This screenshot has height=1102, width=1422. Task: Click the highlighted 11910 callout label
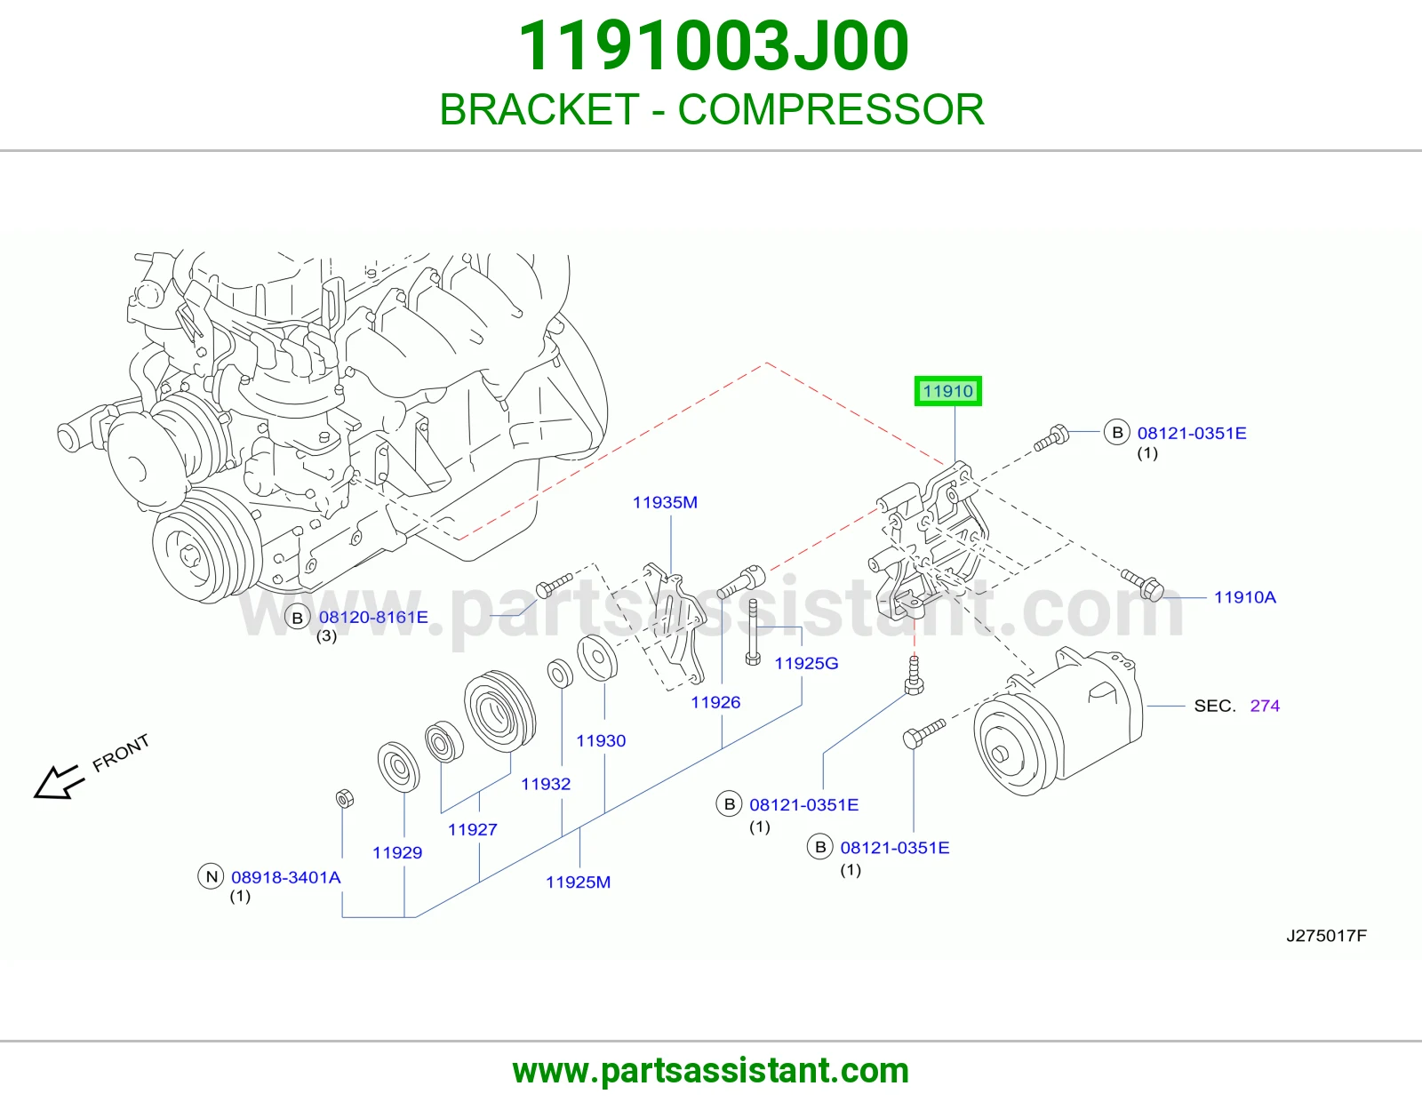click(947, 391)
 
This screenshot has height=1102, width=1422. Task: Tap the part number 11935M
click(665, 502)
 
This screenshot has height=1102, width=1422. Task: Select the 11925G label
click(806, 663)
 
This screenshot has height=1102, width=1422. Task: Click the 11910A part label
click(1244, 597)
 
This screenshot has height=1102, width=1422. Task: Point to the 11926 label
click(715, 702)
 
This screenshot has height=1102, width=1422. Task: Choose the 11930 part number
click(601, 740)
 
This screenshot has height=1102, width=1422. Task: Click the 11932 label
click(546, 783)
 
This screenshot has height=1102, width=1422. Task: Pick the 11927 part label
click(473, 829)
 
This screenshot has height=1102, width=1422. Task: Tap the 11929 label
click(397, 852)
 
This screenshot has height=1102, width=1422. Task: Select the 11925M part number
click(578, 882)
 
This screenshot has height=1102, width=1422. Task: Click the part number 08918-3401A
click(286, 877)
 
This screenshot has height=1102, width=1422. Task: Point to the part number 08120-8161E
click(373, 617)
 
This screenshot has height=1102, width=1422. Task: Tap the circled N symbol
click(212, 876)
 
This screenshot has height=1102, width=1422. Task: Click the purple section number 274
click(1265, 706)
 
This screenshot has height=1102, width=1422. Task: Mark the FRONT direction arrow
click(59, 781)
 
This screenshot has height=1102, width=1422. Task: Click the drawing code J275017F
click(1326, 935)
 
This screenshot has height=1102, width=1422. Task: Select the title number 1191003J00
click(714, 45)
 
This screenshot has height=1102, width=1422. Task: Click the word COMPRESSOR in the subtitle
click(830, 109)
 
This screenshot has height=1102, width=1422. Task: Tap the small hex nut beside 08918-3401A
click(344, 798)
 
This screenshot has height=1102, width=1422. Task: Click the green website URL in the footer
click(711, 1071)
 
